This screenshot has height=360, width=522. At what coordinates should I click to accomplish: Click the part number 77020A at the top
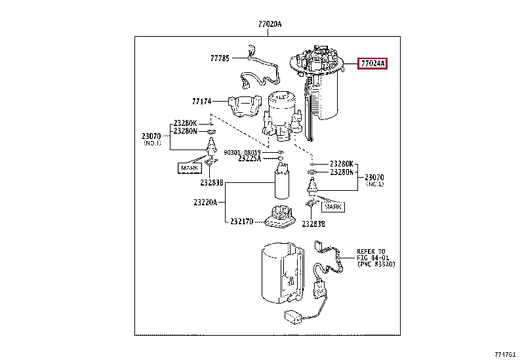pyautogui.click(x=270, y=24)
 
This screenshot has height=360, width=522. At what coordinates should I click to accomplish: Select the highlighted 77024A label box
pyautogui.click(x=372, y=64)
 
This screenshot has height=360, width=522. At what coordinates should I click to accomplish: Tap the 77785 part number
pyautogui.click(x=220, y=58)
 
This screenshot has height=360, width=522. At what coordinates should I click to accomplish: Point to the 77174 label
pyautogui.click(x=202, y=102)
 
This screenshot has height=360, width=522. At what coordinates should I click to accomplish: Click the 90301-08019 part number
pyautogui.click(x=247, y=151)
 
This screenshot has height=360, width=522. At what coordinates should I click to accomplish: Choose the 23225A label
pyautogui.click(x=249, y=159)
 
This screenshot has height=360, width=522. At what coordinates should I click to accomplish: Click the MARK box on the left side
pyautogui.click(x=190, y=169)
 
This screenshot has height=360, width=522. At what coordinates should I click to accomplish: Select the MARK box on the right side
pyautogui.click(x=334, y=207)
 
